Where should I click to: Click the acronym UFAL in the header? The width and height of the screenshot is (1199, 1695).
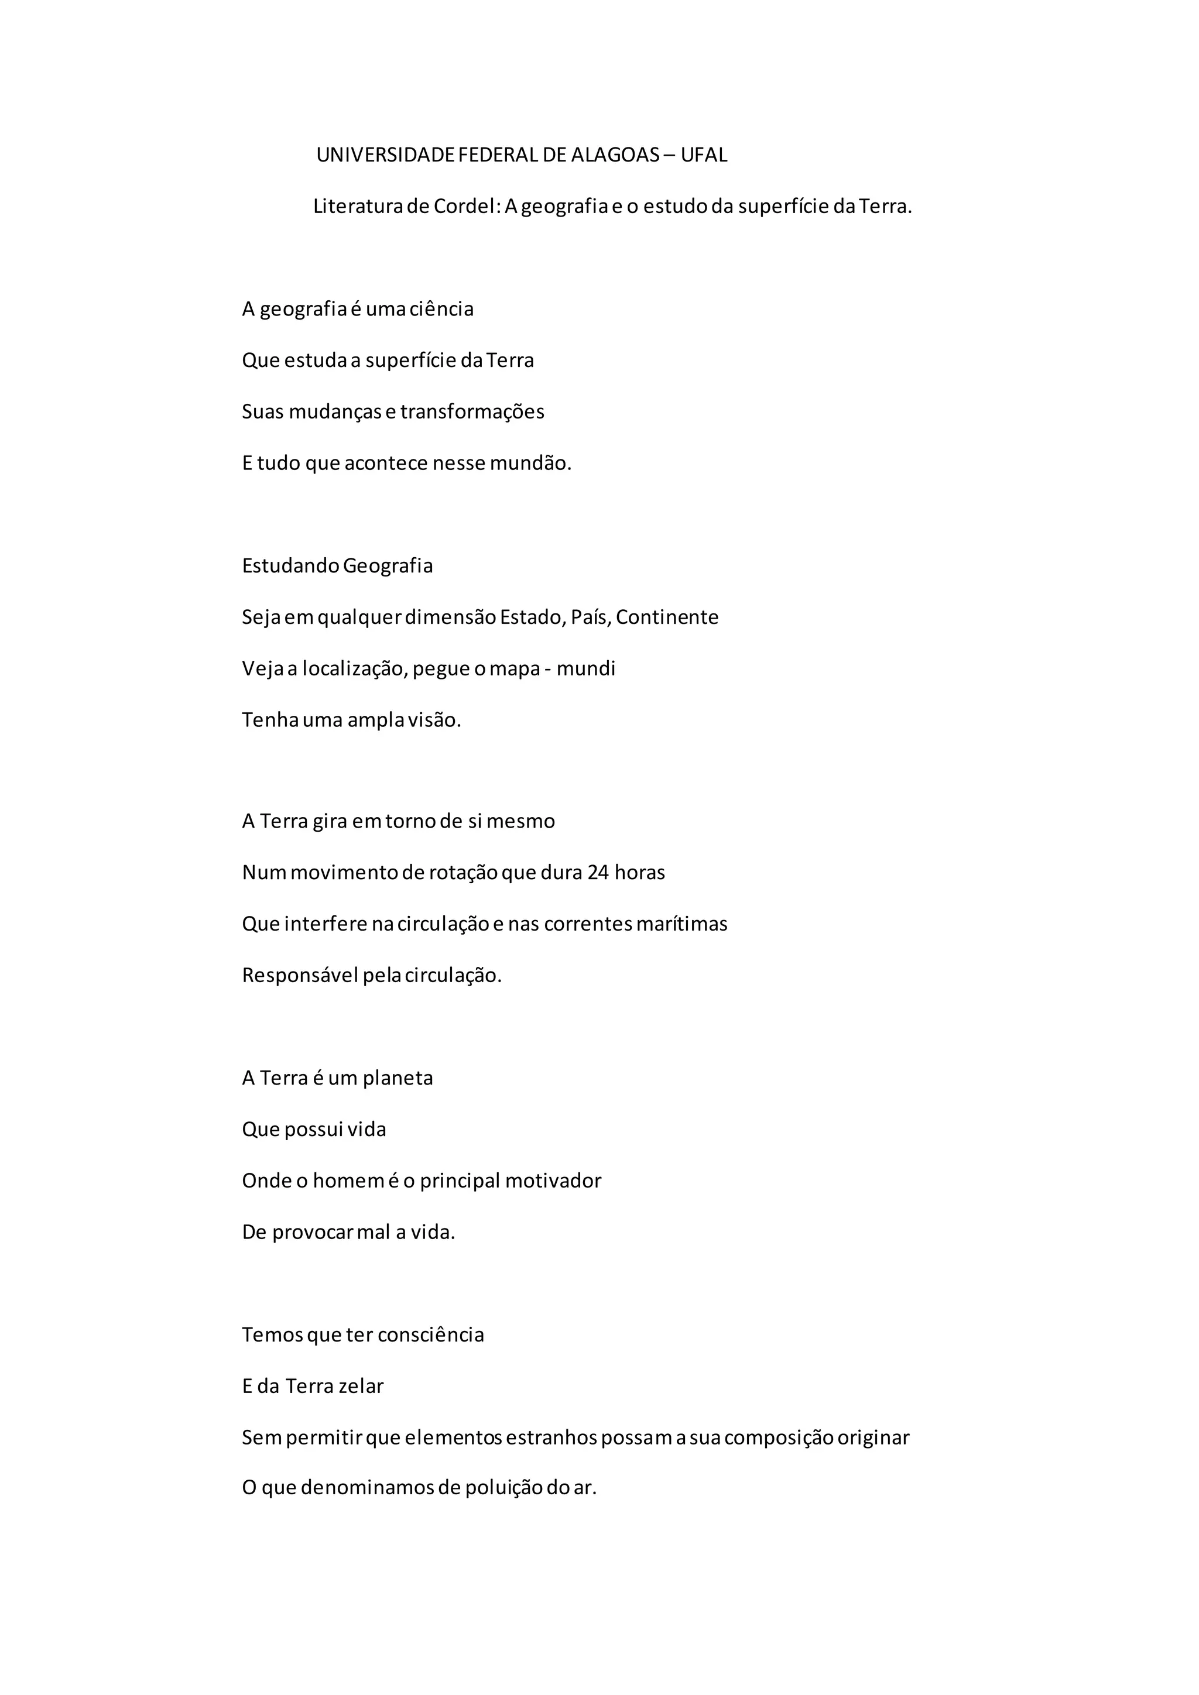pyautogui.click(x=704, y=155)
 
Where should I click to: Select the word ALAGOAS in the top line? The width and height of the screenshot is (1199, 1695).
pyautogui.click(x=615, y=155)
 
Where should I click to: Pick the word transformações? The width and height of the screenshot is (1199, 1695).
pyautogui.click(x=472, y=412)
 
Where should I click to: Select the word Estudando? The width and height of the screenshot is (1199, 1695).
pyautogui.click(x=291, y=566)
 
